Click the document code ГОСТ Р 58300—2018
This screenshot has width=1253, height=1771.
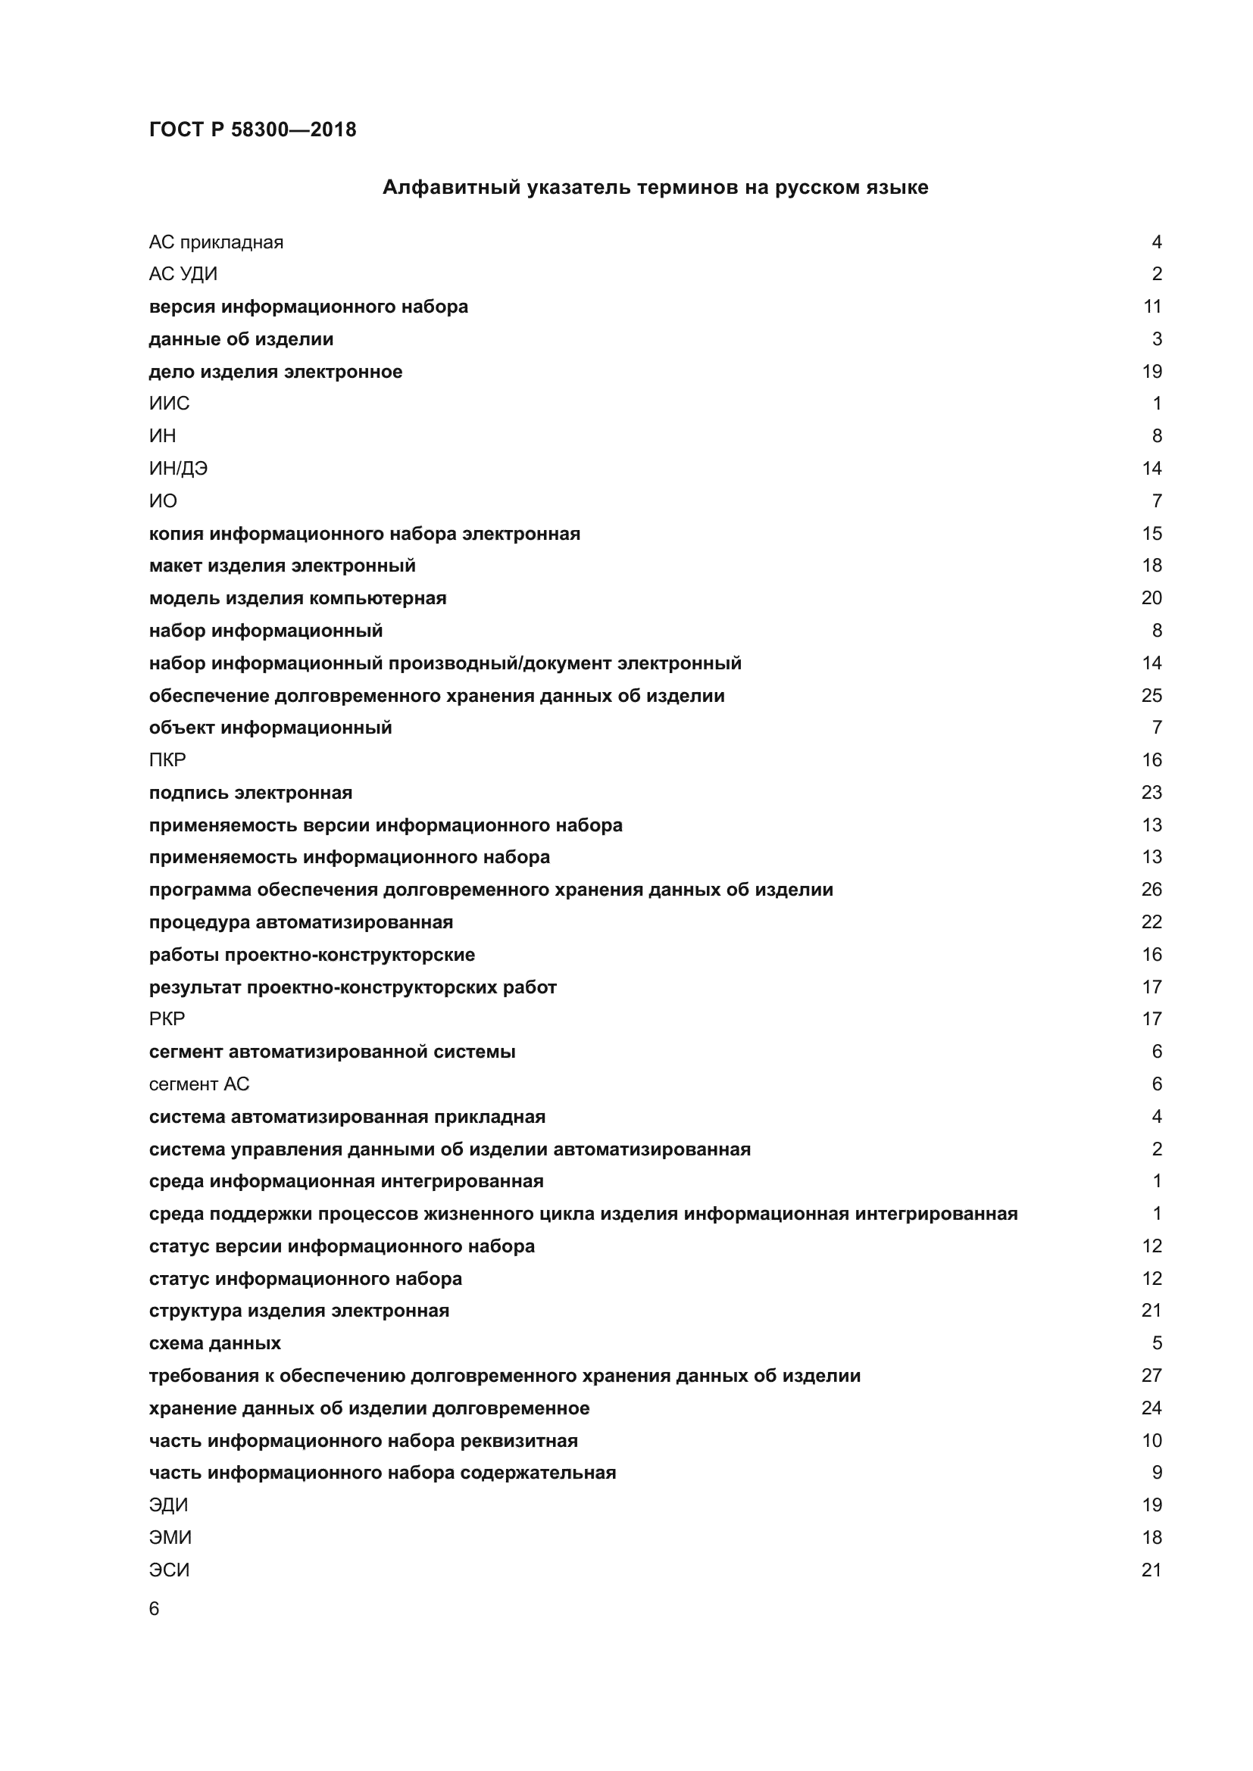coord(252,129)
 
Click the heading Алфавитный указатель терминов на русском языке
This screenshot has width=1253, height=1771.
coord(655,188)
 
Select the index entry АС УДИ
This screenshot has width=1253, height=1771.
coord(183,274)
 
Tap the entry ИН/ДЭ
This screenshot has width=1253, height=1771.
coord(178,468)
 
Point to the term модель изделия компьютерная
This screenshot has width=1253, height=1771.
coord(297,598)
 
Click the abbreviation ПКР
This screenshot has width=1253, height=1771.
coord(167,759)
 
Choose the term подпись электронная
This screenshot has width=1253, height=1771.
coord(250,792)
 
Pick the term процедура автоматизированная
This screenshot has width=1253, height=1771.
coord(301,921)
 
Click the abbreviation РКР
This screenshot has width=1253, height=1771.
coord(167,1019)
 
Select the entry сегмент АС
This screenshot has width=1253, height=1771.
coord(199,1083)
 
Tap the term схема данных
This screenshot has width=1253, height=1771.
coord(214,1343)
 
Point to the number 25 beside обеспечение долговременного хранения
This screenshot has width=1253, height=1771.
coord(1151,695)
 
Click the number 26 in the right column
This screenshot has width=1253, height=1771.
coord(1151,890)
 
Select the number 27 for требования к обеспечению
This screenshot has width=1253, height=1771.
coord(1151,1375)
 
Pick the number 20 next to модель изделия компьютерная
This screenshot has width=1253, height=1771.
coord(1151,598)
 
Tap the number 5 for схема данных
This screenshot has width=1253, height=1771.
coord(1157,1343)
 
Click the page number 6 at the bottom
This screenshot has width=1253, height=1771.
coord(155,1608)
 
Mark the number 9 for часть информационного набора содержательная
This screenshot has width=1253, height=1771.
coord(1157,1473)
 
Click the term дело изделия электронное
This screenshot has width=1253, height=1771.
coord(276,372)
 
